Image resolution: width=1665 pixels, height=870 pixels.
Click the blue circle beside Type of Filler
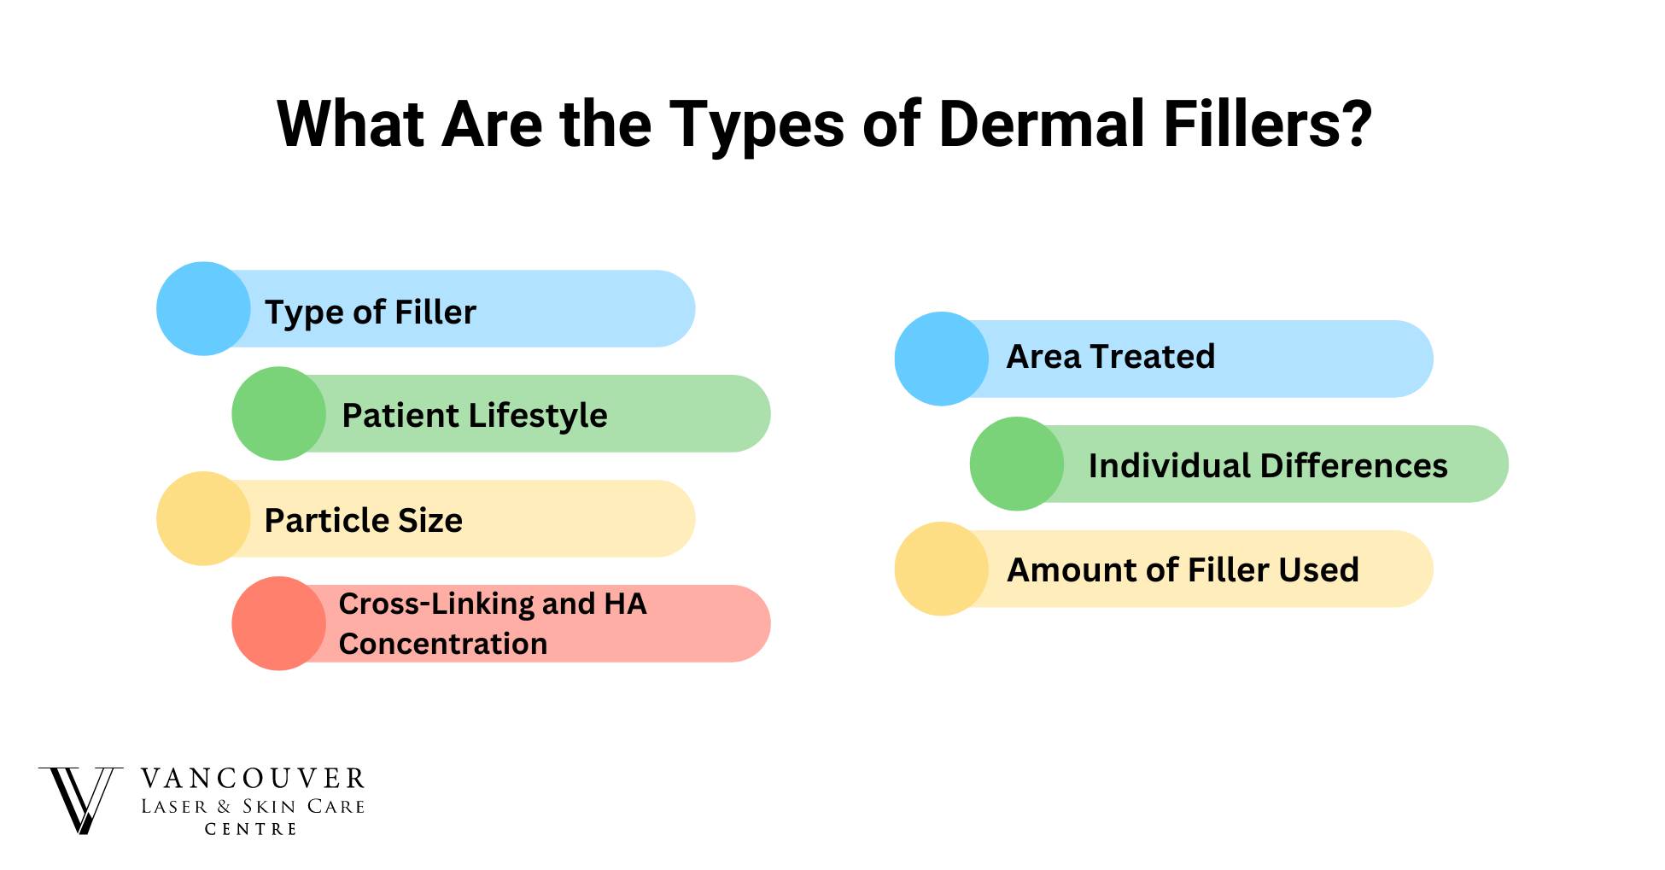203,308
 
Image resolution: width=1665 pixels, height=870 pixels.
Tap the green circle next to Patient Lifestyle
278,413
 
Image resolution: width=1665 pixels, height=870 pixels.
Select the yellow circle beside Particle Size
203,518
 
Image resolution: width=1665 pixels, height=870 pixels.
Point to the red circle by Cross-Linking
278,623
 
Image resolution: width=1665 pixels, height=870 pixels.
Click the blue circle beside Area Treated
942,359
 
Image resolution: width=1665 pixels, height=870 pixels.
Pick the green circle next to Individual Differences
1017,464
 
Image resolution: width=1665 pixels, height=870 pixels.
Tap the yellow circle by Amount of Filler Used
942,569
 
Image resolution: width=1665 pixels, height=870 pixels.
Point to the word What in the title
351,125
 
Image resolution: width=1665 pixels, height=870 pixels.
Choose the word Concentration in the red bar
443,644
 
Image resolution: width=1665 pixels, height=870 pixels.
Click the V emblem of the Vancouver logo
79,800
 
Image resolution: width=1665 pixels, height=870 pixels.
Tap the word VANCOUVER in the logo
253,779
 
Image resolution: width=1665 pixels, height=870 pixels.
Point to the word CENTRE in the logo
251,829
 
